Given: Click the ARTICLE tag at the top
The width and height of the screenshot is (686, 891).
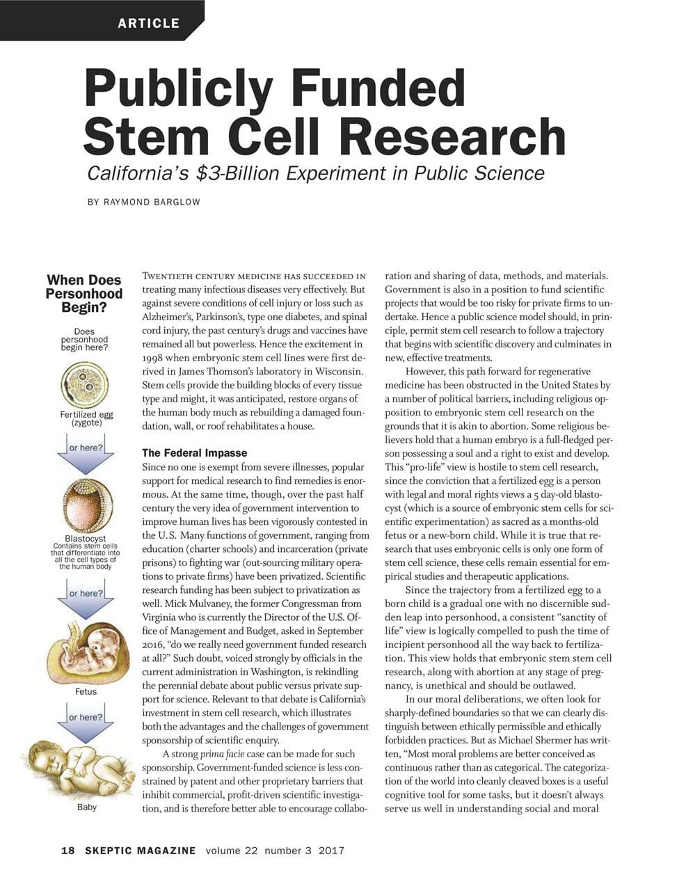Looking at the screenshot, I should (148, 23).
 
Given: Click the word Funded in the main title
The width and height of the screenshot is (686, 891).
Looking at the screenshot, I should (378, 88).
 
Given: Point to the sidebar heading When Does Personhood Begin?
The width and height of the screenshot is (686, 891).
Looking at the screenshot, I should (83, 293).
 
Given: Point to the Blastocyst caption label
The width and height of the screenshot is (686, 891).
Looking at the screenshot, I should (85, 539).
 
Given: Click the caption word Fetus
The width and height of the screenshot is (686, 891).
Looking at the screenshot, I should (86, 691).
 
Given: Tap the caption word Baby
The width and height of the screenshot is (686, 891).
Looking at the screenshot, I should (86, 807).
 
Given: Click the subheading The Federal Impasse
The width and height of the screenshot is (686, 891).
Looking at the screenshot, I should (189, 453).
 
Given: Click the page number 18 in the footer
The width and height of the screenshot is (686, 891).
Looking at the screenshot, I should (68, 851).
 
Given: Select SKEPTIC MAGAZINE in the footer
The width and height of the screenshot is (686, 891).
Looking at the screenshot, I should (141, 851).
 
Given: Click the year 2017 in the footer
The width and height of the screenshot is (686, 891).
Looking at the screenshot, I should (331, 851).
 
